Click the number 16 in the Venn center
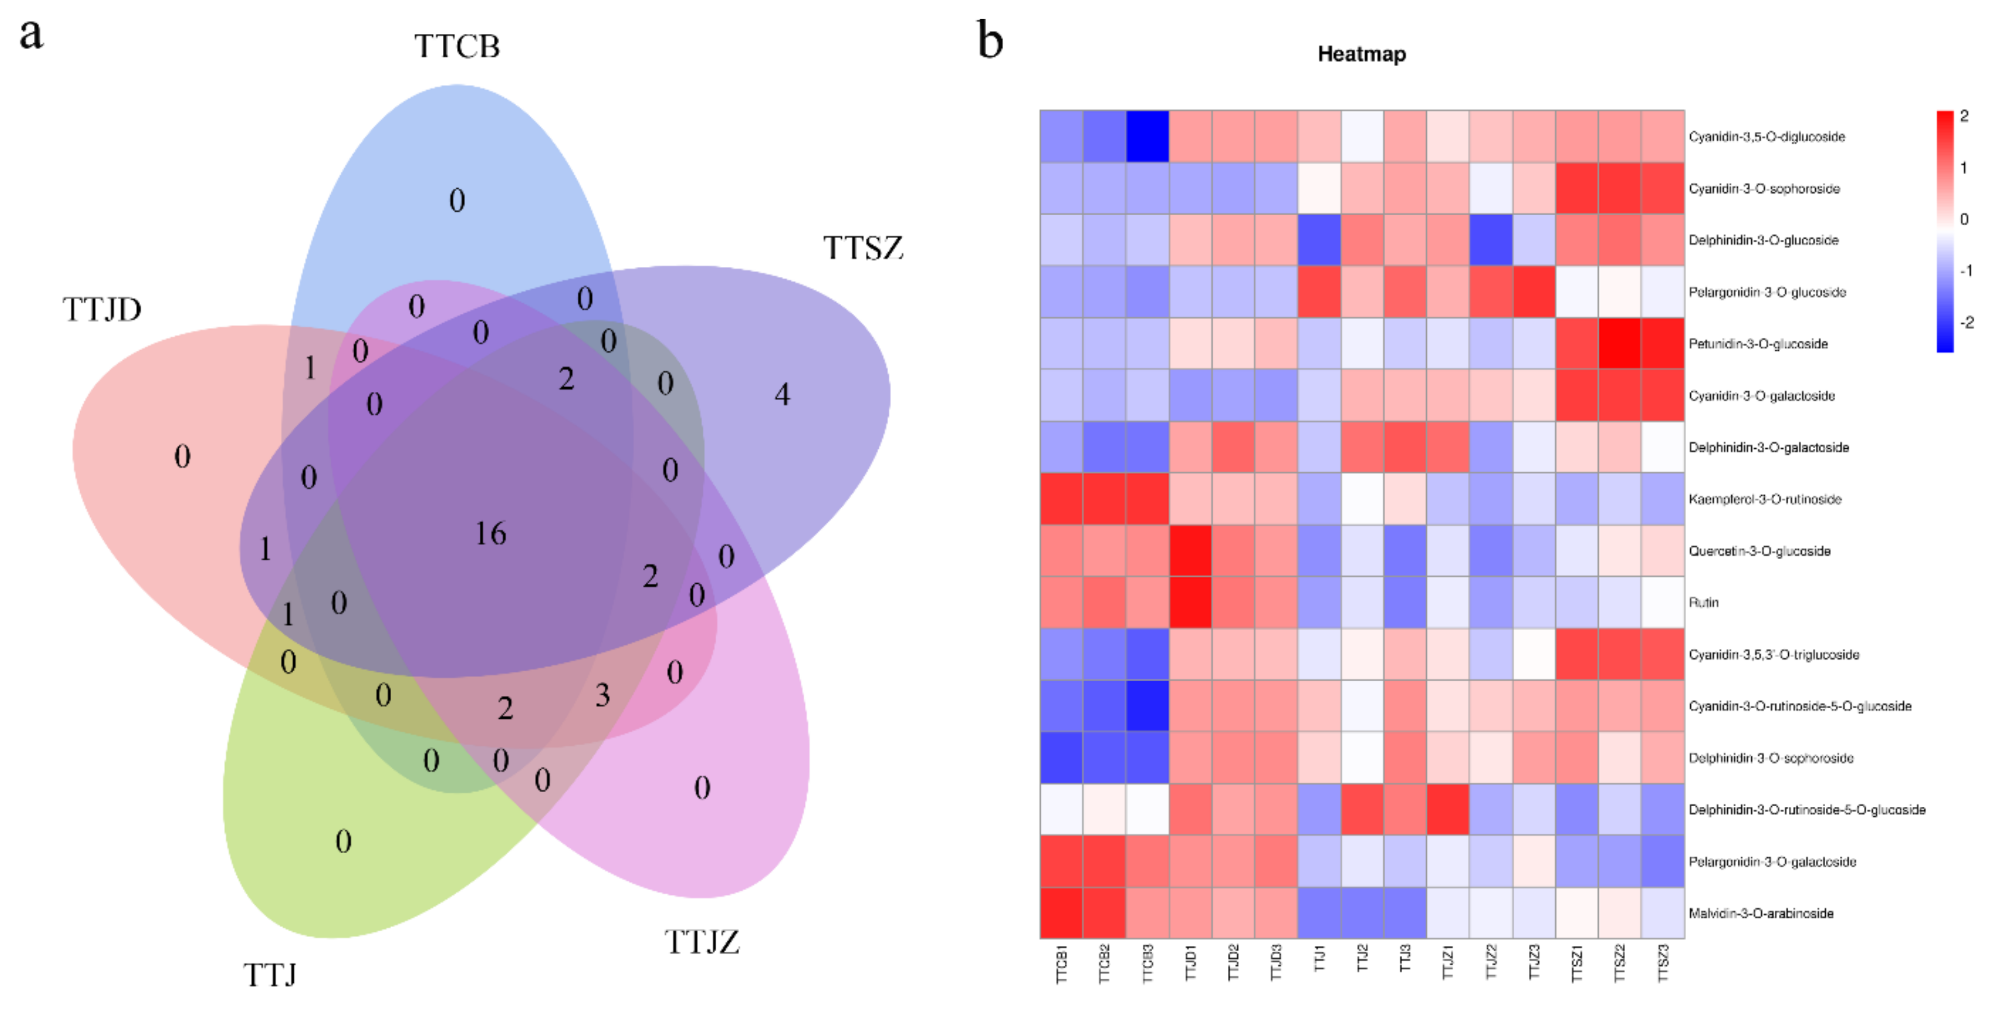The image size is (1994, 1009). (x=490, y=534)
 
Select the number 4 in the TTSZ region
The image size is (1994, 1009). (x=782, y=395)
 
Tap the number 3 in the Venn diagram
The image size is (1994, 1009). (x=602, y=695)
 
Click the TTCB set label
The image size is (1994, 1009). (x=457, y=46)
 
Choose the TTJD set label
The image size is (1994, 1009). (x=102, y=310)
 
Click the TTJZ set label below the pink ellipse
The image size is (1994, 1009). (x=701, y=942)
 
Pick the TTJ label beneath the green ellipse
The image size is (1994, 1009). (x=269, y=975)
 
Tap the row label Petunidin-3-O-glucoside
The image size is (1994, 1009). (x=1758, y=344)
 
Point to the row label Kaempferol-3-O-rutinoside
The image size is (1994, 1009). (x=1764, y=499)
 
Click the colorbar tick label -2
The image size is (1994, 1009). (x=1966, y=322)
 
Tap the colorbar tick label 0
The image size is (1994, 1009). (x=1964, y=219)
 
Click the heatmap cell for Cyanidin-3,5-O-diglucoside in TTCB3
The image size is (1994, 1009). (x=1147, y=137)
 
